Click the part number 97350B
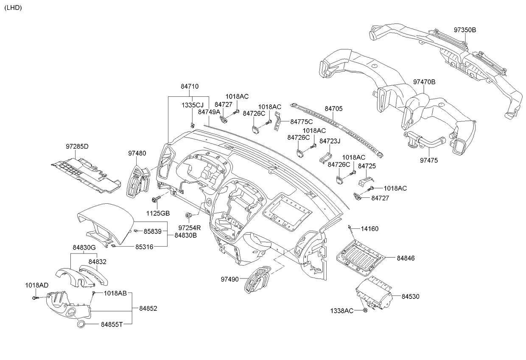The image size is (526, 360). click(465, 30)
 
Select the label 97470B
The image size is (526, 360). click(425, 82)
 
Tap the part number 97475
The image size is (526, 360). click(429, 160)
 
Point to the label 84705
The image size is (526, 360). click(334, 109)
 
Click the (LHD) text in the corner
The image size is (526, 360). click(13, 8)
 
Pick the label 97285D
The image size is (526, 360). click(77, 146)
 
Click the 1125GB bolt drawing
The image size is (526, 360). click(155, 199)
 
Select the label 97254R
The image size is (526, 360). click(189, 228)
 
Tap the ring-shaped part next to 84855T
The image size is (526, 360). click(80, 325)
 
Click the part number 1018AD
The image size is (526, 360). click(37, 285)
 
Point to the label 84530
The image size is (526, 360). click(411, 296)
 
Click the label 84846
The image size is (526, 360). click(406, 258)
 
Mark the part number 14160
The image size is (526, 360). click(369, 229)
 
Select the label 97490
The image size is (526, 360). click(229, 279)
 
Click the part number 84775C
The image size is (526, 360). click(302, 122)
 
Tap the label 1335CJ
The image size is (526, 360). click(193, 105)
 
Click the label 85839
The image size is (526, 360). click(153, 231)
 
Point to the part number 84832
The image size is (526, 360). click(97, 263)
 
